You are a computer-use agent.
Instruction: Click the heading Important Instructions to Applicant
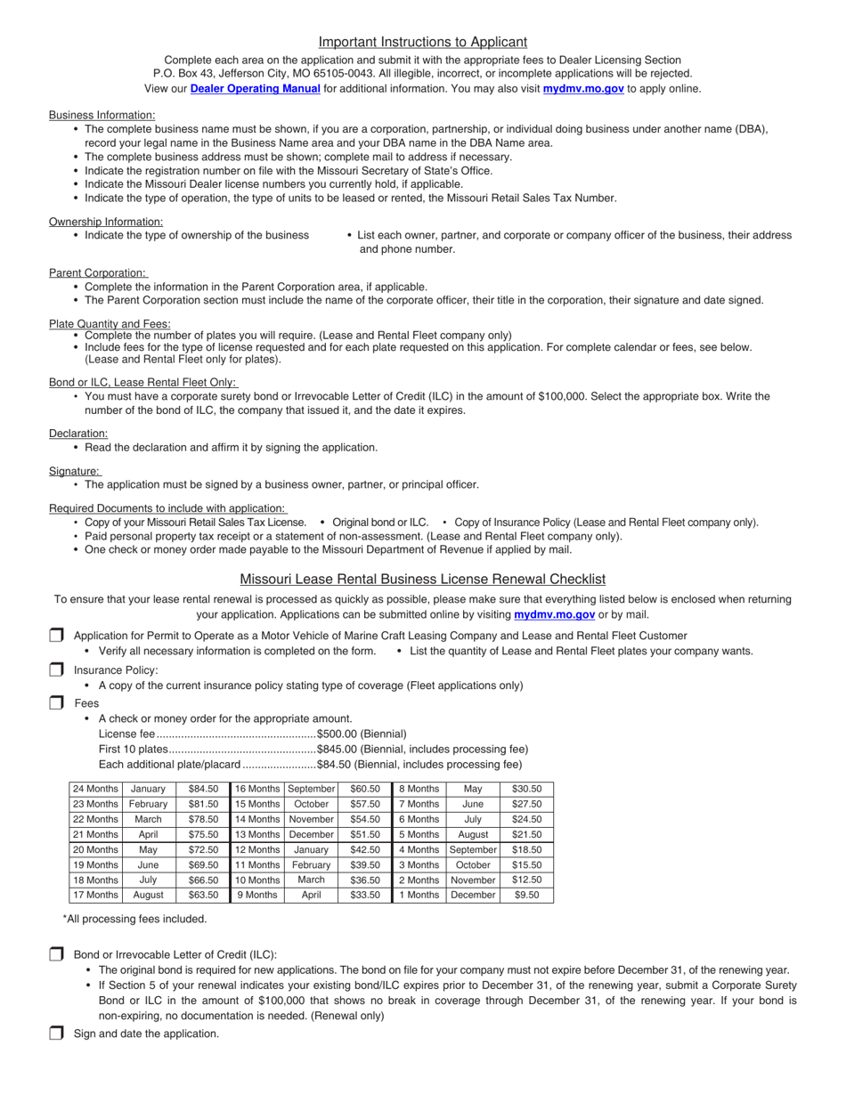(422, 42)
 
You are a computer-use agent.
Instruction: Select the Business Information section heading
(102, 115)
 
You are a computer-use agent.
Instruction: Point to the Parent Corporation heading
(97, 272)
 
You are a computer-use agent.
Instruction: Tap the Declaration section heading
(78, 433)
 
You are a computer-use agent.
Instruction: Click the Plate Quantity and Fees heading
(110, 323)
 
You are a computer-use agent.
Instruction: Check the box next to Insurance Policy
(56, 669)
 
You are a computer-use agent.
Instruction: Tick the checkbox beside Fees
(56, 702)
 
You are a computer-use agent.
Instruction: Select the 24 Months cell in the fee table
(95, 789)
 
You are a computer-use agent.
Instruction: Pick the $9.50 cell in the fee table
(526, 895)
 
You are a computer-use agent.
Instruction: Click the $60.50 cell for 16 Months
(365, 789)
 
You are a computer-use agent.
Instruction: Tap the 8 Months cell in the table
(419, 789)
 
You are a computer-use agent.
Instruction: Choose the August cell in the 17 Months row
(148, 895)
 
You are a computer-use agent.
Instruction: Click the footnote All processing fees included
(134, 919)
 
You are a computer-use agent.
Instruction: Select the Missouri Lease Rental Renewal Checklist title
(422, 579)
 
